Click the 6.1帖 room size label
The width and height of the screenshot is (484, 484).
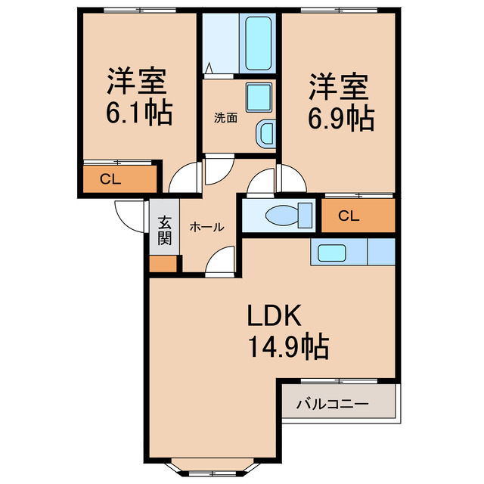pyautogui.click(x=138, y=113)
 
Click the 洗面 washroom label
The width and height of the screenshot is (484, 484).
pyautogui.click(x=225, y=117)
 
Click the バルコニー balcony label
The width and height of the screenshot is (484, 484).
pyautogui.click(x=333, y=405)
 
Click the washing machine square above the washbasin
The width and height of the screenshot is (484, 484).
pyautogui.click(x=259, y=97)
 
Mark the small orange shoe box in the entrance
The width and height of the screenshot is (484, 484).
pyautogui.click(x=164, y=264)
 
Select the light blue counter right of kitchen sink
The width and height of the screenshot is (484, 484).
pyautogui.click(x=380, y=252)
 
